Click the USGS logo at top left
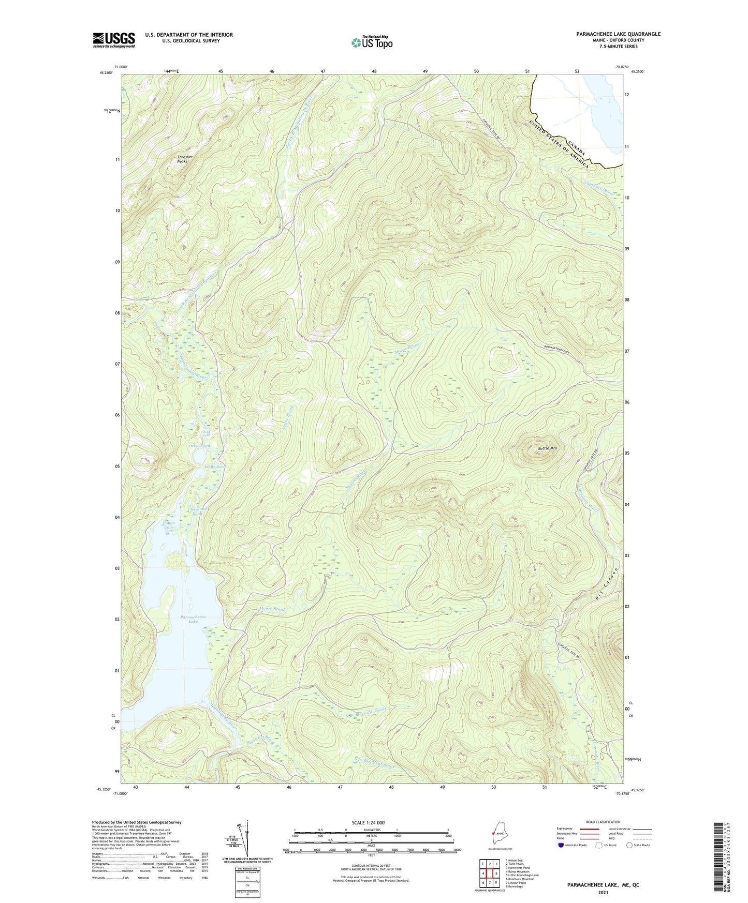click(113, 40)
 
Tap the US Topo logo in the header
click(371, 42)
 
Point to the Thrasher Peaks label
click(185, 159)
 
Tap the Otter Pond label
click(201, 445)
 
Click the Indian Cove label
click(169, 525)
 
